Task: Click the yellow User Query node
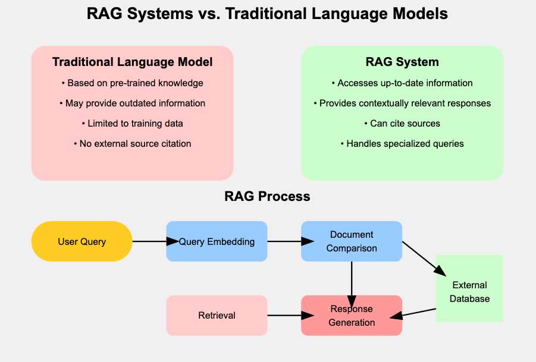tap(82, 241)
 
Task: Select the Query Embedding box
tap(217, 241)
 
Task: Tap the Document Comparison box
tap(352, 241)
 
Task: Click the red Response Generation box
tap(352, 316)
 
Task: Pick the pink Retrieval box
tap(217, 316)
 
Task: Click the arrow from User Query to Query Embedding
tap(152, 241)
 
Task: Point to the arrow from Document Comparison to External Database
tap(422, 257)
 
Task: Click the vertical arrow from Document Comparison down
tap(352, 276)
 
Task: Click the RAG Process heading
tap(267, 196)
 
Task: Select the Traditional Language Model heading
tap(132, 62)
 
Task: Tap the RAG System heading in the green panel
tap(402, 62)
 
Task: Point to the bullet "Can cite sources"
tap(402, 124)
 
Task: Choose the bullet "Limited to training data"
tap(132, 124)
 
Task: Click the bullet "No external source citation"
tap(132, 144)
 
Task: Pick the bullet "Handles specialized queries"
tap(402, 144)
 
